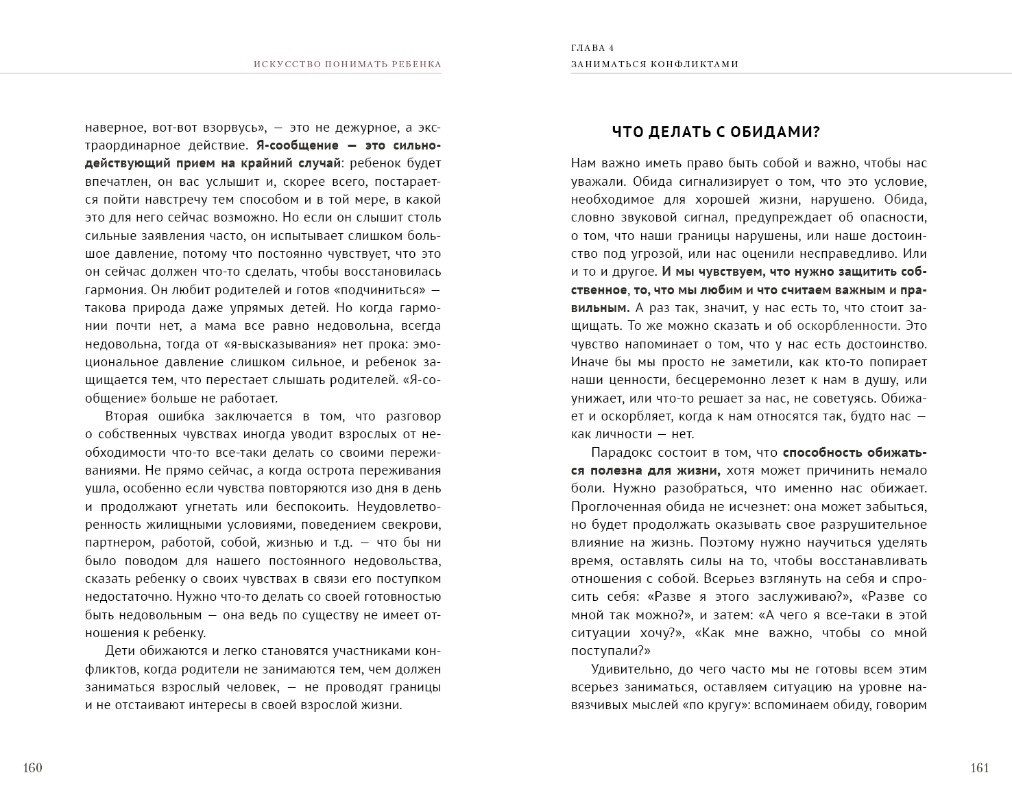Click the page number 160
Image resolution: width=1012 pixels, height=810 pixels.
pyautogui.click(x=33, y=767)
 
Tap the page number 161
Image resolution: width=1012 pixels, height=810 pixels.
pyautogui.click(x=980, y=767)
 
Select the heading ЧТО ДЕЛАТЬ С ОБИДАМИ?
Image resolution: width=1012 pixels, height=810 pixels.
pyautogui.click(x=716, y=132)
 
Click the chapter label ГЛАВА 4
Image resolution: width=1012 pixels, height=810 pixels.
pyautogui.click(x=592, y=48)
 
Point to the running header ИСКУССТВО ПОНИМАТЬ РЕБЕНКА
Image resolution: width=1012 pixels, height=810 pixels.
pyautogui.click(x=347, y=64)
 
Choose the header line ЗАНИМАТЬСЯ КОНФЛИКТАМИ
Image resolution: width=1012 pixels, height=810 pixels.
pyautogui.click(x=655, y=64)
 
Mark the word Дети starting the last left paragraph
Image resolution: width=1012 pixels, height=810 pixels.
pyautogui.click(x=121, y=651)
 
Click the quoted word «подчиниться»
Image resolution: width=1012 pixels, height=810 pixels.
pyautogui.click(x=378, y=290)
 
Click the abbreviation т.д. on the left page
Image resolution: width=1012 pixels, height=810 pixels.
pyautogui.click(x=341, y=543)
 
